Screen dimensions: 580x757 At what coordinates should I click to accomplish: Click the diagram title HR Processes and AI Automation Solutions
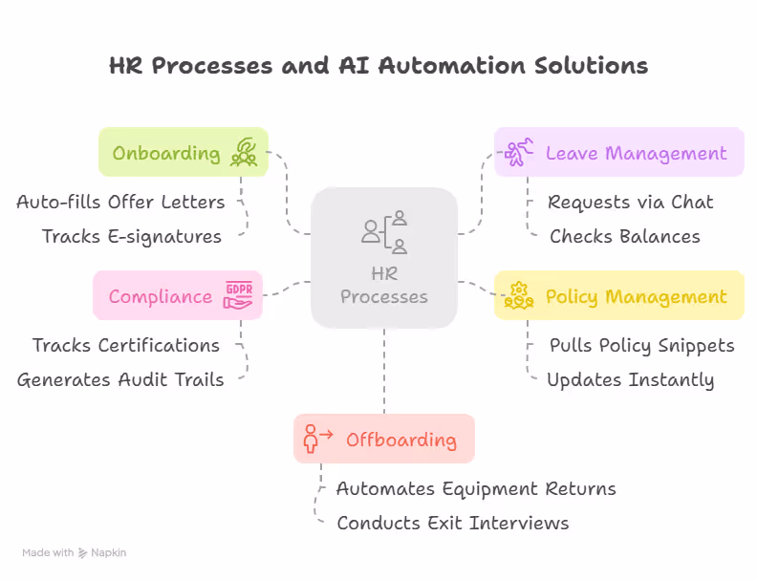click(378, 65)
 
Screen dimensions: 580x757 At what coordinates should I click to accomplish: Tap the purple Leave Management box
click(619, 153)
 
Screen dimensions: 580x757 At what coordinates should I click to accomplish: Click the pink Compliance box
click(177, 295)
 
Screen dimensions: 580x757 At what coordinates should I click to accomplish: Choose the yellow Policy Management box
click(619, 296)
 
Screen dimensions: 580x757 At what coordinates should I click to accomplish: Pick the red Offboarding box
click(383, 440)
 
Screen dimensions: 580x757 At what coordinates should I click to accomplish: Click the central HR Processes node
click(384, 257)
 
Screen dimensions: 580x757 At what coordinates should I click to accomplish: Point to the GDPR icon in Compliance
click(237, 294)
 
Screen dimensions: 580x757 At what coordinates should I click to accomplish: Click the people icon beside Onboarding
click(244, 153)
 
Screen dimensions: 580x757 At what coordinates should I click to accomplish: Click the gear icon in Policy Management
click(519, 295)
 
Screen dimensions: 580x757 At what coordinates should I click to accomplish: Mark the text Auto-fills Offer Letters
click(120, 202)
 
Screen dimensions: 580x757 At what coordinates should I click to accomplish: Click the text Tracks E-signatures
click(132, 236)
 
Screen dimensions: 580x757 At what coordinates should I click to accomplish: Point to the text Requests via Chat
click(631, 202)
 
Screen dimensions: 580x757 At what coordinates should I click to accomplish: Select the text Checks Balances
click(625, 236)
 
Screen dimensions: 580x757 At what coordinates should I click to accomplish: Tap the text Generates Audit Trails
click(120, 379)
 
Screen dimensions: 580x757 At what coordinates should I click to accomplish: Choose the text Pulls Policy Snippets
click(642, 345)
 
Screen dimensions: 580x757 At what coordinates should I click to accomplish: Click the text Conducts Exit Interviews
click(453, 523)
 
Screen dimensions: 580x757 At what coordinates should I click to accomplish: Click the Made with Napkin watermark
click(75, 552)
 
